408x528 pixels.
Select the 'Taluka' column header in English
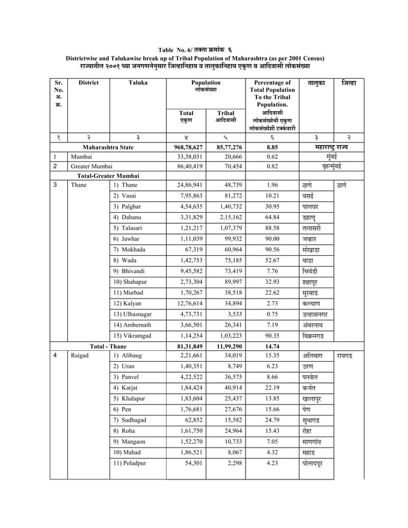tap(137, 83)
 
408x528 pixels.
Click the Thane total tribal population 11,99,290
tap(226, 345)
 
